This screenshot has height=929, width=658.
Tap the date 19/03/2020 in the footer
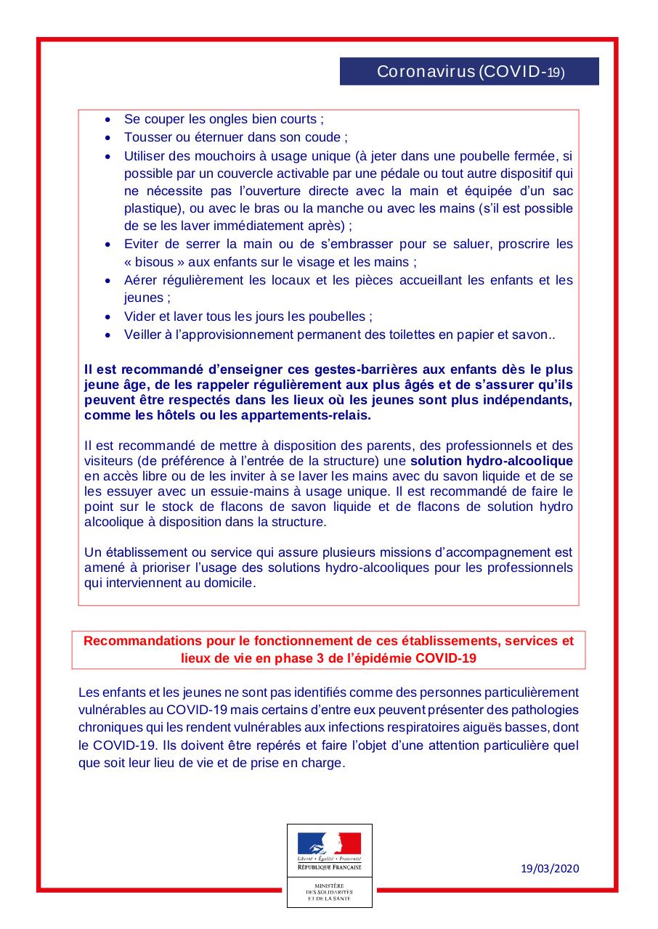551,869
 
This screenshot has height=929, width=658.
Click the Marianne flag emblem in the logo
329,845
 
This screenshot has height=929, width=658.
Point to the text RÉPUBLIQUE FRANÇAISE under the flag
329,867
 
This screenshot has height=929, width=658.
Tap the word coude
325,137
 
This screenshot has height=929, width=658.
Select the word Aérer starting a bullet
139,280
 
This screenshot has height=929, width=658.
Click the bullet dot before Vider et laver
108,317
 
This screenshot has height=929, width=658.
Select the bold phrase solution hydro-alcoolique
492,461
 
